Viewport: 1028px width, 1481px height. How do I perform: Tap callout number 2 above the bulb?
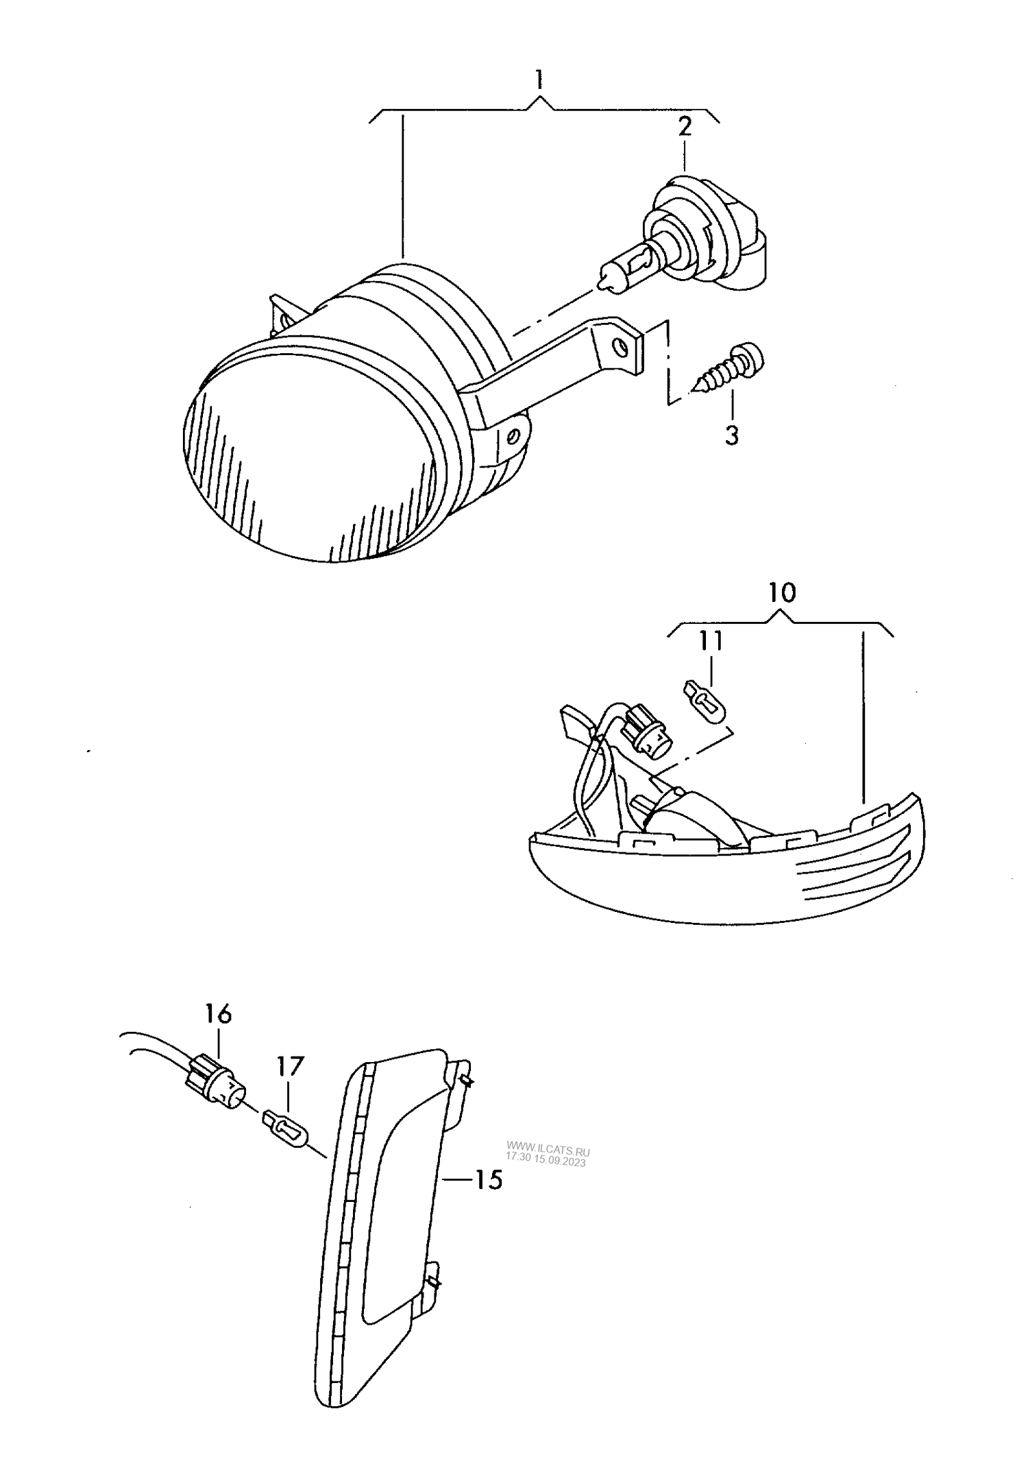[685, 128]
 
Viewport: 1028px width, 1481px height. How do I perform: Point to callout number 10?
[782, 592]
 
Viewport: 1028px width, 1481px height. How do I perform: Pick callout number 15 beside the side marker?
[489, 1179]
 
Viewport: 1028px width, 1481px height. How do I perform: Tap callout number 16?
[218, 1013]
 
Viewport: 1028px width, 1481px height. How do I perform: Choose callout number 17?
[289, 1066]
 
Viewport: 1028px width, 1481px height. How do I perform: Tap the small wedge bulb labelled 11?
[706, 701]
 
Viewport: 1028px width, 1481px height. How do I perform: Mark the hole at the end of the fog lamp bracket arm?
[622, 347]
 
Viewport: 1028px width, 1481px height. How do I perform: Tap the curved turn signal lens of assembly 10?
[726, 884]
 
